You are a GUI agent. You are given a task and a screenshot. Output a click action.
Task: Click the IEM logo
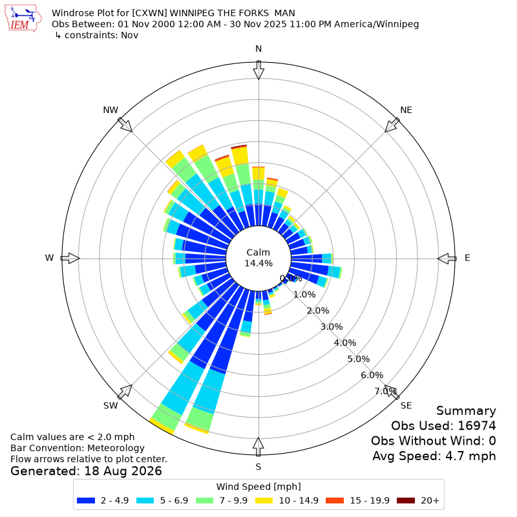23,19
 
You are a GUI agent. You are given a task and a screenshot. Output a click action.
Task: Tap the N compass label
258,49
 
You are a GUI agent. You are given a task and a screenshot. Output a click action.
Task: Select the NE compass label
406,110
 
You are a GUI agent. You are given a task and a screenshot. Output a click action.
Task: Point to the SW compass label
111,406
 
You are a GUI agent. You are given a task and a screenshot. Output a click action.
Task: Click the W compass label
49,258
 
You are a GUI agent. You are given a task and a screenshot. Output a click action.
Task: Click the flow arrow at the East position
447,258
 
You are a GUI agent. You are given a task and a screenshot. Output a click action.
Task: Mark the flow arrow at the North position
258,70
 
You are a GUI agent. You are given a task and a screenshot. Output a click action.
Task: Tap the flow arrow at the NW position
125,125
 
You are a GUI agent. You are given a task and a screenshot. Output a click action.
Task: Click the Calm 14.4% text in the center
258,258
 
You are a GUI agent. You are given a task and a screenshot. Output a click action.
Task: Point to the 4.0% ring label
345,343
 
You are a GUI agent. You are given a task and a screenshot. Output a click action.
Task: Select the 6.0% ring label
372,375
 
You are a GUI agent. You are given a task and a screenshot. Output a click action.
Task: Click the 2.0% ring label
318,311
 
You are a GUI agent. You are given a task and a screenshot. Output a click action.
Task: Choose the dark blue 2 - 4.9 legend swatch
86,500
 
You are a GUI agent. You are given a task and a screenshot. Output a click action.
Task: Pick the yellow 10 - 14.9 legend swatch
264,500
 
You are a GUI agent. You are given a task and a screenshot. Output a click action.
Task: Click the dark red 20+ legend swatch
406,500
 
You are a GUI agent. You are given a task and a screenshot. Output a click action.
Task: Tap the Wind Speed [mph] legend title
258,487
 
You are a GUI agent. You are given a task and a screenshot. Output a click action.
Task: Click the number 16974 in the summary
477,426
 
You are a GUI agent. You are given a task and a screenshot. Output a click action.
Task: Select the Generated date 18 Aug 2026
123,471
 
